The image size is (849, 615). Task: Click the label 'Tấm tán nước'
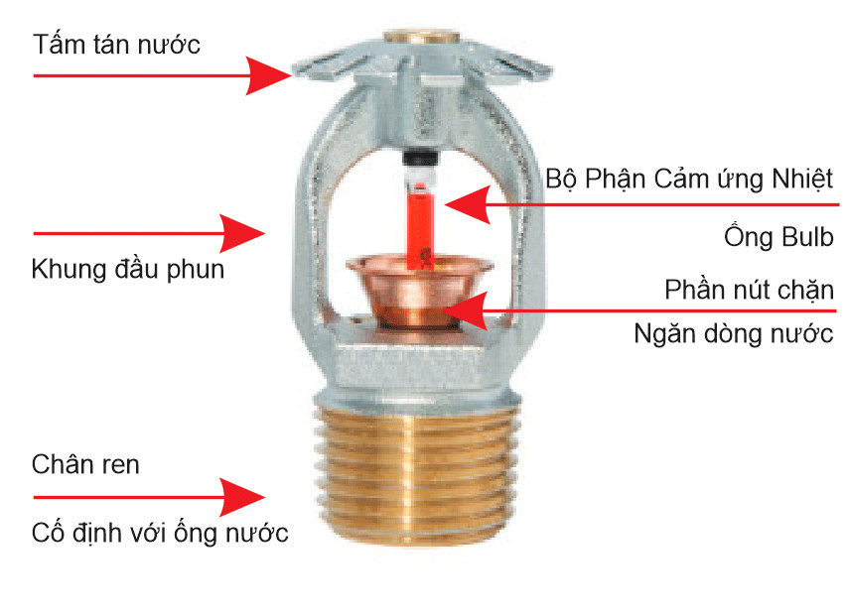click(x=116, y=44)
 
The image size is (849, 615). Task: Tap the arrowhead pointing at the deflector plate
click(x=268, y=75)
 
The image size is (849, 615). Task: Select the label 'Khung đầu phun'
click(x=128, y=269)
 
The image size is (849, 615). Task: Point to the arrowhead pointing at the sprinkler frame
click(x=242, y=234)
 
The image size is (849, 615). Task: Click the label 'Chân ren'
click(x=85, y=464)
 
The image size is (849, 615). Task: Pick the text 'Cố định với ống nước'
click(x=160, y=533)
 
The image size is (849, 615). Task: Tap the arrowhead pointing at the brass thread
click(x=242, y=497)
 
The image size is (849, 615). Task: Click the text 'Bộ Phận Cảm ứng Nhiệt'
click(x=689, y=179)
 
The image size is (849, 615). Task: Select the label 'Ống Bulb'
click(x=778, y=237)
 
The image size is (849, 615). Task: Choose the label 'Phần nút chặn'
click(x=750, y=290)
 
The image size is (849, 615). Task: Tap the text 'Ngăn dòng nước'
click(x=734, y=333)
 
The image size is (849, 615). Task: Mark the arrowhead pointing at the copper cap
click(x=464, y=311)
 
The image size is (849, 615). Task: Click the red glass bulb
click(x=420, y=222)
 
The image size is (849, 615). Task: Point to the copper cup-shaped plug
click(x=419, y=292)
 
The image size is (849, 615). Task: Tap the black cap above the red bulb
click(x=420, y=159)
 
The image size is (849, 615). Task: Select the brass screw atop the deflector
click(x=422, y=38)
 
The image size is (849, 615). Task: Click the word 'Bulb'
click(x=804, y=237)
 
